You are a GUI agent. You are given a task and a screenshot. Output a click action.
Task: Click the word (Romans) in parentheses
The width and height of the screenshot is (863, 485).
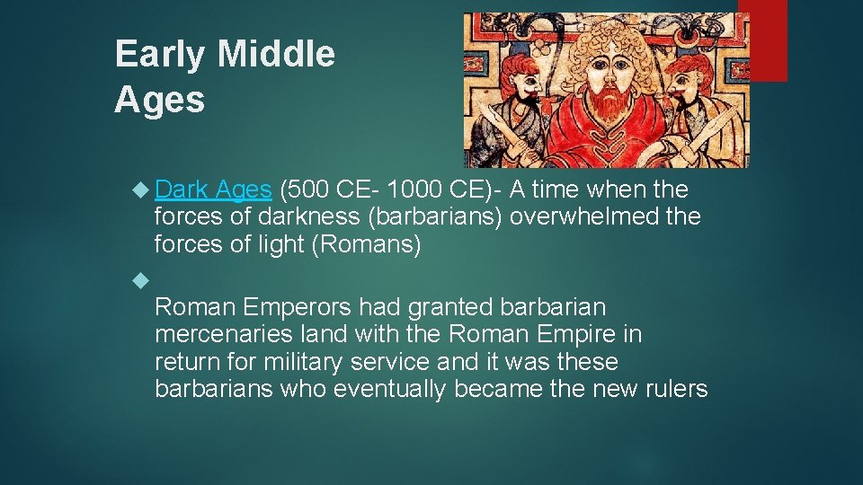click(x=365, y=244)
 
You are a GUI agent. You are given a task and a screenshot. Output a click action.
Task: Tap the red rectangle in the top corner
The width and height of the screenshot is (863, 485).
click(x=768, y=40)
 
